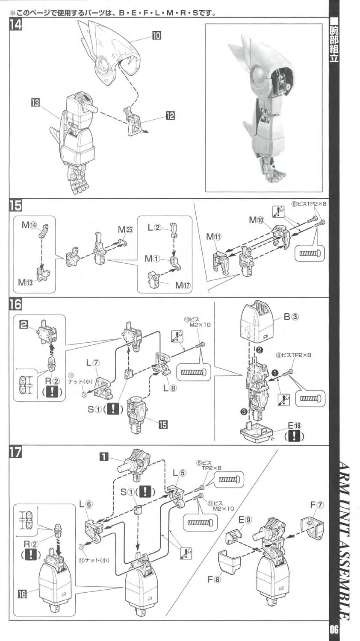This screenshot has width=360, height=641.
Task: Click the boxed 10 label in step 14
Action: point(156,36)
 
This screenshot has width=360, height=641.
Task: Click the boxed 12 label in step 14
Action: point(170,115)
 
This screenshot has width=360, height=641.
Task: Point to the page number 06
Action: point(334,629)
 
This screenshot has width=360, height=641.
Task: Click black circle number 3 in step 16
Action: point(243,412)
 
